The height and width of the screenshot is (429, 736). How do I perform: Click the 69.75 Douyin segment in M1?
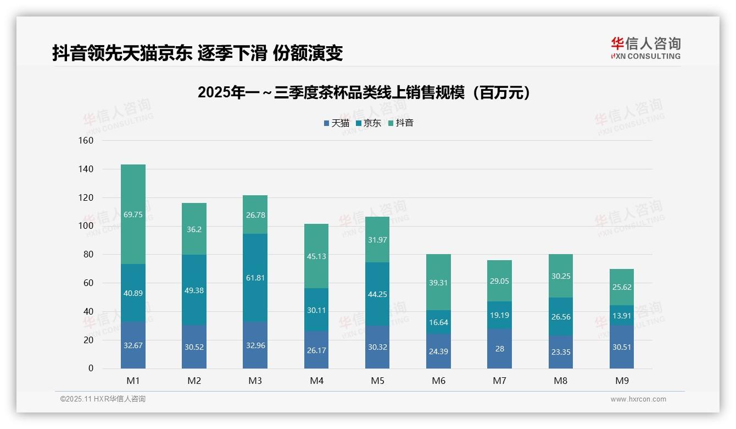click(x=133, y=214)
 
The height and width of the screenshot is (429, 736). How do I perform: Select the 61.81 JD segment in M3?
click(x=255, y=278)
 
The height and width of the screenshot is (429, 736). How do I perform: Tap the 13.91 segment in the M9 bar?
click(x=622, y=315)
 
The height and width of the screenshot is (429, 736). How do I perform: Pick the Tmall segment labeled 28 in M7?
click(x=499, y=348)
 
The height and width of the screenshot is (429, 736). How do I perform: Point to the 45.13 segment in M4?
click(x=316, y=256)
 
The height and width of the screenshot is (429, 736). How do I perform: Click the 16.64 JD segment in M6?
click(x=438, y=322)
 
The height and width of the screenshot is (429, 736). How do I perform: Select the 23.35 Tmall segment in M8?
click(x=560, y=352)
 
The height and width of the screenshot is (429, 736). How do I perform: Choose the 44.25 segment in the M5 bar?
click(x=377, y=294)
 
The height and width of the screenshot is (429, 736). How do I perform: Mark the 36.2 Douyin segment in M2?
click(x=194, y=229)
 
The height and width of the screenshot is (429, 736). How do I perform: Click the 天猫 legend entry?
click(x=337, y=123)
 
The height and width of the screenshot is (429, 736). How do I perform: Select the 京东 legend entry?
click(x=369, y=123)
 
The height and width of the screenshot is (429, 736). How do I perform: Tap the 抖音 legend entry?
click(x=401, y=123)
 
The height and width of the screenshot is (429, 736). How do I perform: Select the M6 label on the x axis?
click(x=438, y=381)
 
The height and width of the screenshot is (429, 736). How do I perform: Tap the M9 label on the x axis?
click(x=622, y=381)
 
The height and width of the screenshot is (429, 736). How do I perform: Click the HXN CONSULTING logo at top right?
click(x=646, y=48)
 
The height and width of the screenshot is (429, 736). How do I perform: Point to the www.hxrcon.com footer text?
click(x=638, y=399)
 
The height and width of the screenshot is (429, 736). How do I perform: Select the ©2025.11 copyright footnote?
click(x=103, y=399)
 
